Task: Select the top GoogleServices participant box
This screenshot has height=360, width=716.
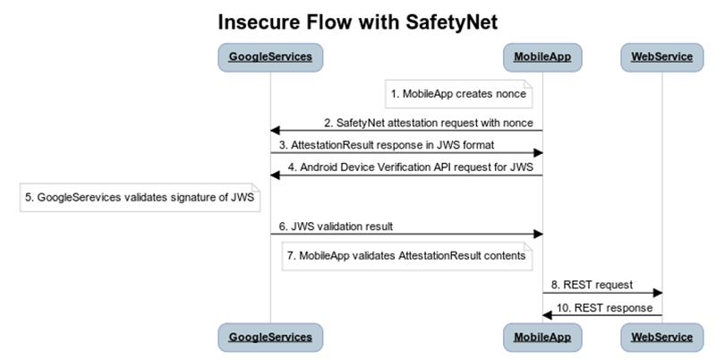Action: pyautogui.click(x=270, y=57)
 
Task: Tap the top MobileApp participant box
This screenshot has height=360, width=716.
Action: pyautogui.click(x=542, y=57)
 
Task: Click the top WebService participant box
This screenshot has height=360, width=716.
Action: pyautogui.click(x=661, y=57)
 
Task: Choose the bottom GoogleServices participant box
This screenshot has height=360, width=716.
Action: pyautogui.click(x=270, y=337)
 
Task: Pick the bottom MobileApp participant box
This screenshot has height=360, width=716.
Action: pyautogui.click(x=542, y=337)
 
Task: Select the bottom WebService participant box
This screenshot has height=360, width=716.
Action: pyautogui.click(x=661, y=337)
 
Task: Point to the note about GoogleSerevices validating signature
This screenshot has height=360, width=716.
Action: pyautogui.click(x=140, y=198)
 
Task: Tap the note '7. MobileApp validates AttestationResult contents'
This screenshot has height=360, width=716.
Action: pyautogui.click(x=407, y=256)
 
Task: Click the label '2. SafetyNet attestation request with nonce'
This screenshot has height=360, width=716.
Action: pyautogui.click(x=429, y=123)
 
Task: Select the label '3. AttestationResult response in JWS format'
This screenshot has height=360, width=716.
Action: pyautogui.click(x=386, y=144)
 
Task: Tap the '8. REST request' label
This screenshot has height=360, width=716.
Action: pyautogui.click(x=592, y=285)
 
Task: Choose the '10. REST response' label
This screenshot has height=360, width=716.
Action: pyautogui.click(x=606, y=307)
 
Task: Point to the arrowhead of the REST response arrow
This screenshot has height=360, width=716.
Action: pyautogui.click(x=548, y=315)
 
